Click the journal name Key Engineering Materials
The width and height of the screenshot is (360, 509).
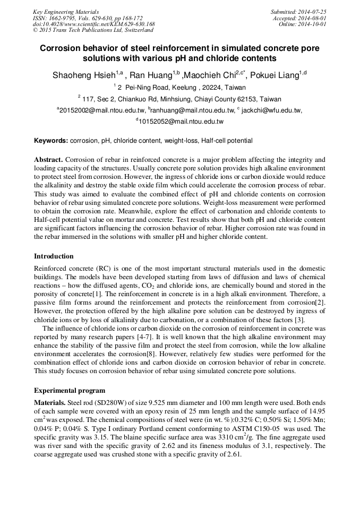pyautogui.click(x=66, y=12)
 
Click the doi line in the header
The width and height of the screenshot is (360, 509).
pyautogui.click(x=93, y=24)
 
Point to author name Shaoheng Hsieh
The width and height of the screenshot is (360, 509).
pyautogui.click(x=85, y=75)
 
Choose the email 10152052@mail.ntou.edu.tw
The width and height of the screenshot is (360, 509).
pyautogui.click(x=181, y=122)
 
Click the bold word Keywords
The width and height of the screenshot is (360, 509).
pyautogui.click(x=50, y=141)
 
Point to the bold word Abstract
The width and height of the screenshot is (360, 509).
pyautogui.click(x=49, y=159)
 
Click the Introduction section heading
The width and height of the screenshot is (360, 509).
pyautogui.click(x=54, y=256)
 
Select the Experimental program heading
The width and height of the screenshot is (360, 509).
pyautogui.click(x=69, y=391)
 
